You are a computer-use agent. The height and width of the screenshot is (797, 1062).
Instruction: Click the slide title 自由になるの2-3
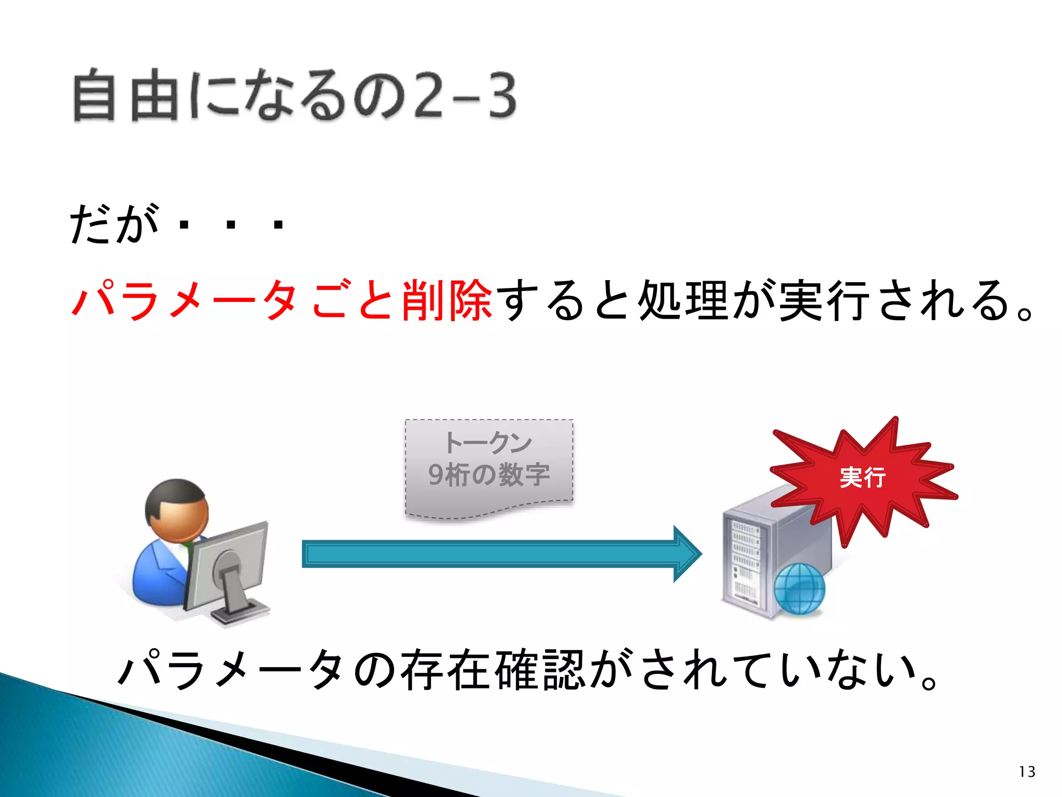pos(295,96)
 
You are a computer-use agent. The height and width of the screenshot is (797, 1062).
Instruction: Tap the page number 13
pos(1027,772)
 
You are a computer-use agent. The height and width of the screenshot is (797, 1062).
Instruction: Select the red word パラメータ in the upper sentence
pos(184,300)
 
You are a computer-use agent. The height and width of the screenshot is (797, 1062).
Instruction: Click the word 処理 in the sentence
pos(683,300)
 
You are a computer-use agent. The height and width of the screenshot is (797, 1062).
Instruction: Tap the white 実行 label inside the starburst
pos(862,477)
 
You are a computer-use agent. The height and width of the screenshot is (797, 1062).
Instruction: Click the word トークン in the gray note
pos(488,443)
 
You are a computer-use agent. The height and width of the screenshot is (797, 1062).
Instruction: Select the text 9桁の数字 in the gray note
pos(488,474)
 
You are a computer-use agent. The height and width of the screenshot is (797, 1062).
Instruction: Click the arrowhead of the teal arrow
pos(687,554)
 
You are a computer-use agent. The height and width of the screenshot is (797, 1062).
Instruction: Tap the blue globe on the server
pos(799,589)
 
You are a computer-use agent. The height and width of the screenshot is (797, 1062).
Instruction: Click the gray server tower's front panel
pos(745,563)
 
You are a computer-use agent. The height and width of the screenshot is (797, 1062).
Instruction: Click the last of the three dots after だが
pos(278,225)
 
